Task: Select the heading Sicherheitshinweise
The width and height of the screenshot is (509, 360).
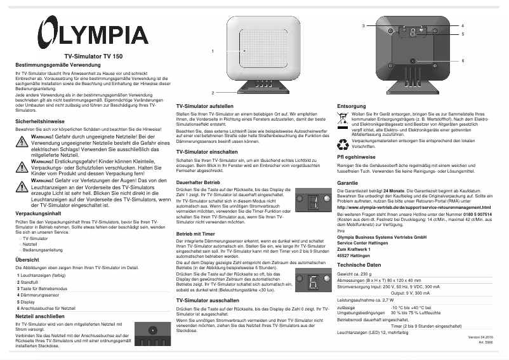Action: (39, 121)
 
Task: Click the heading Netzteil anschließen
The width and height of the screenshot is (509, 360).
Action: (41, 316)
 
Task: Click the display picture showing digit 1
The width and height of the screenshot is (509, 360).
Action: (312, 203)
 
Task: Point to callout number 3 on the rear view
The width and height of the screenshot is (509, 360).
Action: (364, 25)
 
